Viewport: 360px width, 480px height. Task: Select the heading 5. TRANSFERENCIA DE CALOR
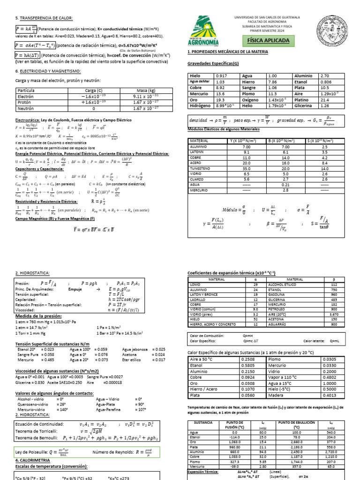coord(44,18)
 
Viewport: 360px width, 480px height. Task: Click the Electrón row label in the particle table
coord(25,96)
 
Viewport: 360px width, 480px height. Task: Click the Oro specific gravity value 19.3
coord(220,100)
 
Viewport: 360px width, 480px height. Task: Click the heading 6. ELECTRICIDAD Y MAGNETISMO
coord(48,71)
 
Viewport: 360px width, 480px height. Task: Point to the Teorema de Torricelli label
coord(37,431)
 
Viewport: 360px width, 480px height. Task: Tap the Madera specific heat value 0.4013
coord(329,395)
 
